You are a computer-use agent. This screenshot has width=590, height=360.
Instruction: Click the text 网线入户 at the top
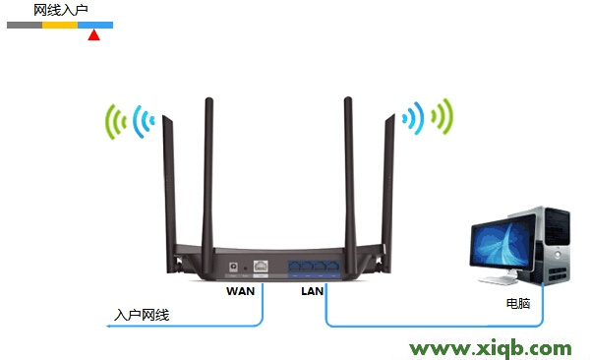click(x=60, y=9)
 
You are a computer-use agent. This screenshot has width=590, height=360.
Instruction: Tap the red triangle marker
click(x=93, y=35)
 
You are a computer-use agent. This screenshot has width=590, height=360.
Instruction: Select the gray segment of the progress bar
click(x=25, y=24)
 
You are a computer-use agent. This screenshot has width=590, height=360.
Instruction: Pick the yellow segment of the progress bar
click(x=60, y=24)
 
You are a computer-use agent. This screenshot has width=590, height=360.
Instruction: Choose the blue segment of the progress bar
click(x=95, y=24)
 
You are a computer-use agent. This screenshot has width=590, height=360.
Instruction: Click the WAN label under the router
click(x=241, y=291)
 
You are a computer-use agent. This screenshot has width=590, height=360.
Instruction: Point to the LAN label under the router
click(x=314, y=291)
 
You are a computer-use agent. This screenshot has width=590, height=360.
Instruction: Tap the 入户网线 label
click(x=142, y=315)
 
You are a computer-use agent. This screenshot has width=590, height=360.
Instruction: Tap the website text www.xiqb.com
click(x=490, y=348)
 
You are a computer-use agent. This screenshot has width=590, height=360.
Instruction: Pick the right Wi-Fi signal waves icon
click(x=427, y=118)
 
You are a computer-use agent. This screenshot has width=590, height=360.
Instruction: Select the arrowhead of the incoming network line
click(x=110, y=325)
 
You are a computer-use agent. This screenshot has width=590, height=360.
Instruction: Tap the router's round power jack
click(x=232, y=266)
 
